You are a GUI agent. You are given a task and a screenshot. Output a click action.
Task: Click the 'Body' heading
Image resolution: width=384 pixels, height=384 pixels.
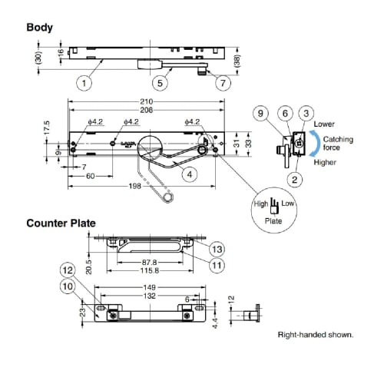tap(40, 27)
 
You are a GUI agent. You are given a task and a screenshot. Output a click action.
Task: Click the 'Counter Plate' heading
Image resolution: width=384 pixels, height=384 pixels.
tap(61, 223)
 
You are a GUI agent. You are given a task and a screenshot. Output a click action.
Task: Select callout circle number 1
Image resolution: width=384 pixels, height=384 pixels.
tap(85, 82)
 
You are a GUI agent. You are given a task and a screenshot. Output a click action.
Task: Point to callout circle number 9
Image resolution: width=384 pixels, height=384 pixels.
tap(261, 114)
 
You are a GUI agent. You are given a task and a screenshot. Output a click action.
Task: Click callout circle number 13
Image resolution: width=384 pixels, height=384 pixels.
tap(217, 249)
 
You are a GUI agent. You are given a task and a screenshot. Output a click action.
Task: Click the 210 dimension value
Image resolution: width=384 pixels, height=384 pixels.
tap(147, 102)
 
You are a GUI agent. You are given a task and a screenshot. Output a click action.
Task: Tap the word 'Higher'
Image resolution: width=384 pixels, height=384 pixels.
tap(324, 162)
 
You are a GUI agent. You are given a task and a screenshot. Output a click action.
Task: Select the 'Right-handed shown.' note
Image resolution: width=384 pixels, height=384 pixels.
tap(315, 336)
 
